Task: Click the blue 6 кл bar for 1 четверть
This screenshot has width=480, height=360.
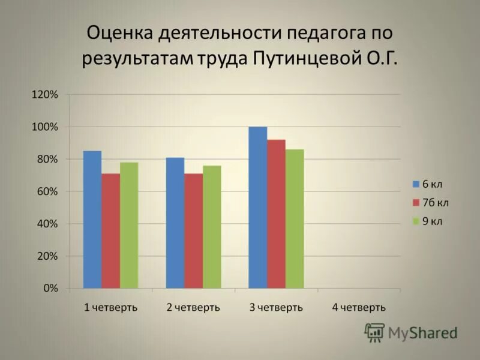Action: click(92, 219)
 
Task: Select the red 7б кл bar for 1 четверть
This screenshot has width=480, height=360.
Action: click(111, 231)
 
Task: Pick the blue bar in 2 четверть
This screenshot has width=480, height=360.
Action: click(175, 223)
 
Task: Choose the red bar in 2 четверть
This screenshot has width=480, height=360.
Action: click(194, 231)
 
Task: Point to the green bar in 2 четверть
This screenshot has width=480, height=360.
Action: click(212, 227)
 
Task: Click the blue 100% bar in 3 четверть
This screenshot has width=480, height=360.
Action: click(258, 207)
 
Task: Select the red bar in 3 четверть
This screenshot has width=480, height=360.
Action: click(277, 214)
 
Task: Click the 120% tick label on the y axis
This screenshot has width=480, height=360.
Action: click(46, 95)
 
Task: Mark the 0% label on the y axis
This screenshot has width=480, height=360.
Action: click(50, 289)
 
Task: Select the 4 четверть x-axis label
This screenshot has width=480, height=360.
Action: click(359, 308)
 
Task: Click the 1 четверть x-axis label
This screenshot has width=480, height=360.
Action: click(110, 308)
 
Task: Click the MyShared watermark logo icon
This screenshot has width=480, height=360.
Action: click(375, 332)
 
